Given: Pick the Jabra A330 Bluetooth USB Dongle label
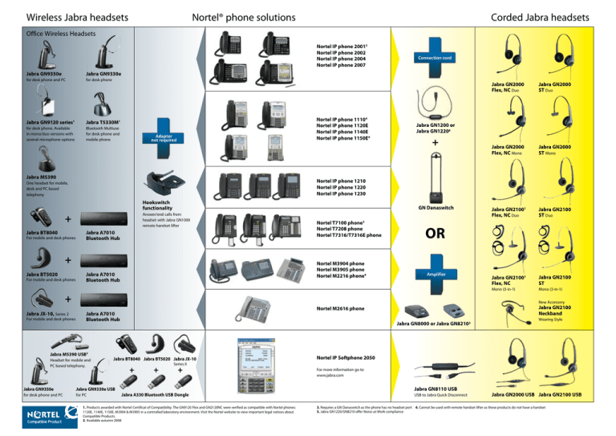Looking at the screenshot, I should pos(163,394).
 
